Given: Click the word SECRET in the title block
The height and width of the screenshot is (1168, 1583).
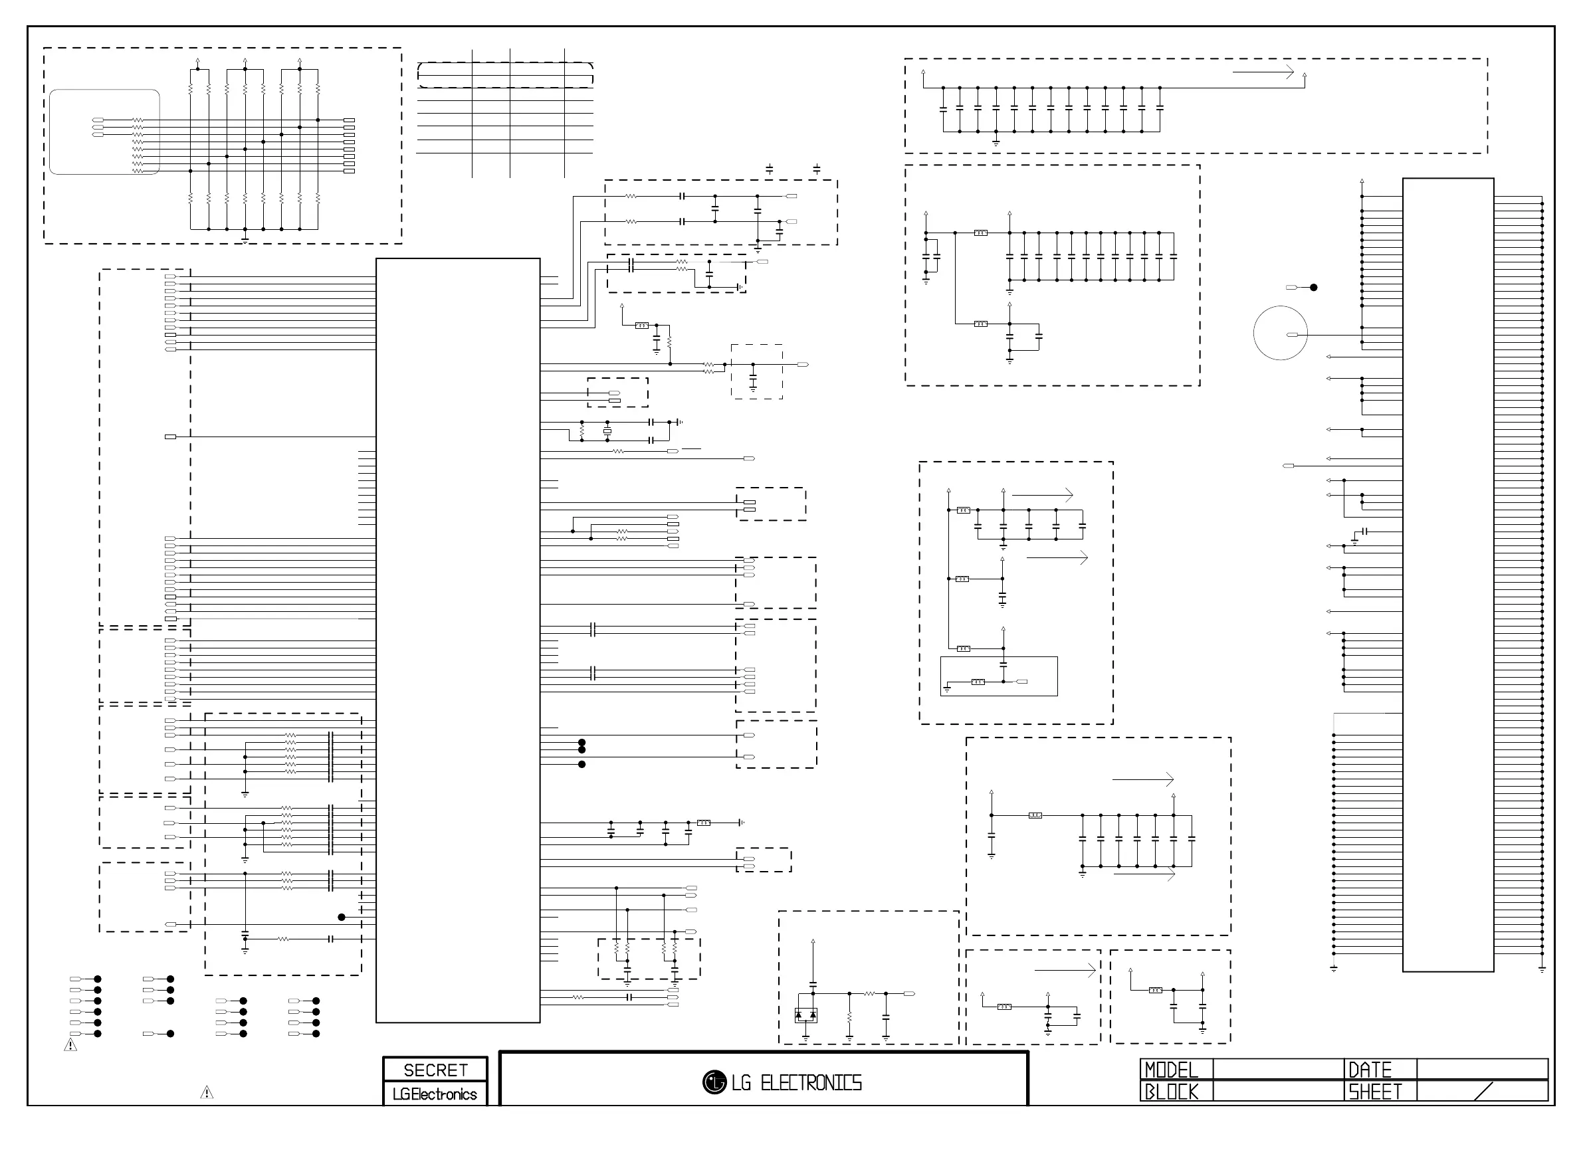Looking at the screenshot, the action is point(435,1070).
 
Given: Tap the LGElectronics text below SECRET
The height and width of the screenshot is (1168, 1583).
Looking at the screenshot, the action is point(435,1094).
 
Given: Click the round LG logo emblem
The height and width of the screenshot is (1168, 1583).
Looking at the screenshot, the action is point(714,1082).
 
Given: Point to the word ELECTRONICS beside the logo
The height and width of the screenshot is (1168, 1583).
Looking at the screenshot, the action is point(811,1083).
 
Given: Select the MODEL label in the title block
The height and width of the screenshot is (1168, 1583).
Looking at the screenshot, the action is point(1171,1069).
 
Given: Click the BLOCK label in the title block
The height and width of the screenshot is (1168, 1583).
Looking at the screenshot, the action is point(1171,1092).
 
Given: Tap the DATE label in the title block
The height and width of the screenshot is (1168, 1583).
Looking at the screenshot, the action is point(1370,1069).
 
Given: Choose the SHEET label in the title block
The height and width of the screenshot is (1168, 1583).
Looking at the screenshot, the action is point(1374,1092).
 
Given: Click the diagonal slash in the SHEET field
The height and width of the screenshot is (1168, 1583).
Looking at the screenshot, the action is point(1483,1092).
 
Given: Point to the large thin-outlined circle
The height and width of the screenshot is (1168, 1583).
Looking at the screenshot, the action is point(1280,333).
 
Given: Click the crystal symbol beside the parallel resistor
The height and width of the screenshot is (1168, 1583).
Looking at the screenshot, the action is point(607,431).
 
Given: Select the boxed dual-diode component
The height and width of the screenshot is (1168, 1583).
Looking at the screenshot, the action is point(805,1015).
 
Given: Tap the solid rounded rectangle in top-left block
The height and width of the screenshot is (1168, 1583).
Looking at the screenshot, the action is point(104,132).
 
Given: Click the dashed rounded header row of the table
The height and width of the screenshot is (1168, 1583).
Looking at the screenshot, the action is point(505,75).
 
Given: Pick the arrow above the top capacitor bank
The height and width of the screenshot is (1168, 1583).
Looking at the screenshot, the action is point(1263,72).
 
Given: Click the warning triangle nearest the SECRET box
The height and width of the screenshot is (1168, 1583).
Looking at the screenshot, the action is point(207,1092).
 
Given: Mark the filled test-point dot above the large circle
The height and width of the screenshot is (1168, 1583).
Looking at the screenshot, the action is point(1314,288).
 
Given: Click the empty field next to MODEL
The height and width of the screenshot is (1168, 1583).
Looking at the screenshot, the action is point(1277,1069).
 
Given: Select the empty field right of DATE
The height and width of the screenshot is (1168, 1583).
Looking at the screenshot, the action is point(1482,1069).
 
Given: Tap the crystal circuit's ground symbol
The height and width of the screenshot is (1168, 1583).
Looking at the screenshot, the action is point(679,422).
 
